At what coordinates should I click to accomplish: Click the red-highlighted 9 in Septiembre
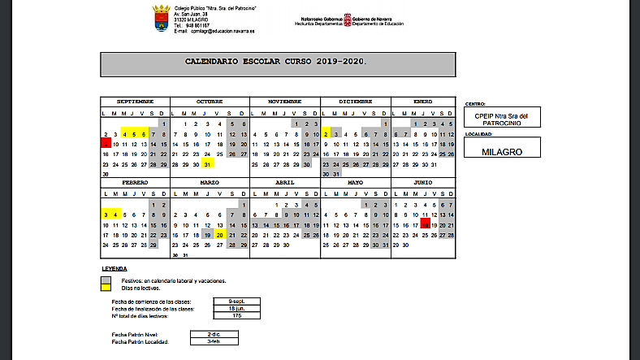pos(106,143)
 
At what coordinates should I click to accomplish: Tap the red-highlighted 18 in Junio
pos(426,224)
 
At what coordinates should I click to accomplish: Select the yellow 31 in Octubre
pos(208,163)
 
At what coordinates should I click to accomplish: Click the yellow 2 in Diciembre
pos(326,133)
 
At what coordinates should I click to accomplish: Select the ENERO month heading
pos(422,102)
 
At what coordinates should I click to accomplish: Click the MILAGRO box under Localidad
pos(500,151)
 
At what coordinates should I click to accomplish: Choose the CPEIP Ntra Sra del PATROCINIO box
pos(500,119)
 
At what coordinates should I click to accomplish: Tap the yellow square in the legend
pos(106,288)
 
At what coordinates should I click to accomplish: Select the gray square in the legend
pos(106,281)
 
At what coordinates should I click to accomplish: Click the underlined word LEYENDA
pos(114,268)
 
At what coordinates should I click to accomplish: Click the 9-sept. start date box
pos(236,301)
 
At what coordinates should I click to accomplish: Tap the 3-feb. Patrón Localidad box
pos(213,340)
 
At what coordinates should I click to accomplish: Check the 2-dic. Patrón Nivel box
pos(213,333)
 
